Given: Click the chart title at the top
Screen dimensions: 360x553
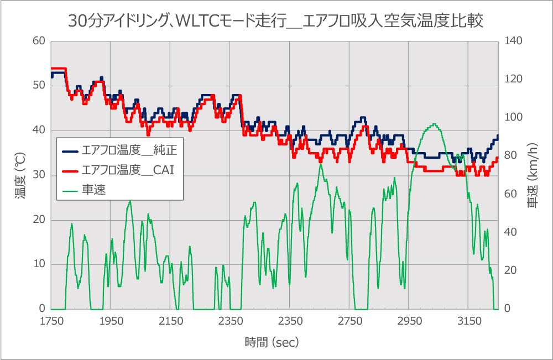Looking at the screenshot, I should click(276, 20).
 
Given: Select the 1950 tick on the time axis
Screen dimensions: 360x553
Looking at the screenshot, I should click(111, 321).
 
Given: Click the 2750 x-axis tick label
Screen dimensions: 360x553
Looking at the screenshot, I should click(349, 321).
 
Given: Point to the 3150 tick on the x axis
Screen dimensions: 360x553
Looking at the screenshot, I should click(468, 321).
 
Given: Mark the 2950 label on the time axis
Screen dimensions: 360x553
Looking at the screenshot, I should click(409, 321).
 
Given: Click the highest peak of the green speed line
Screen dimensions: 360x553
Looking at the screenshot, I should click(434, 124).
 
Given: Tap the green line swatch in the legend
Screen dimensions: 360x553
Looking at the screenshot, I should click(70, 189).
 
